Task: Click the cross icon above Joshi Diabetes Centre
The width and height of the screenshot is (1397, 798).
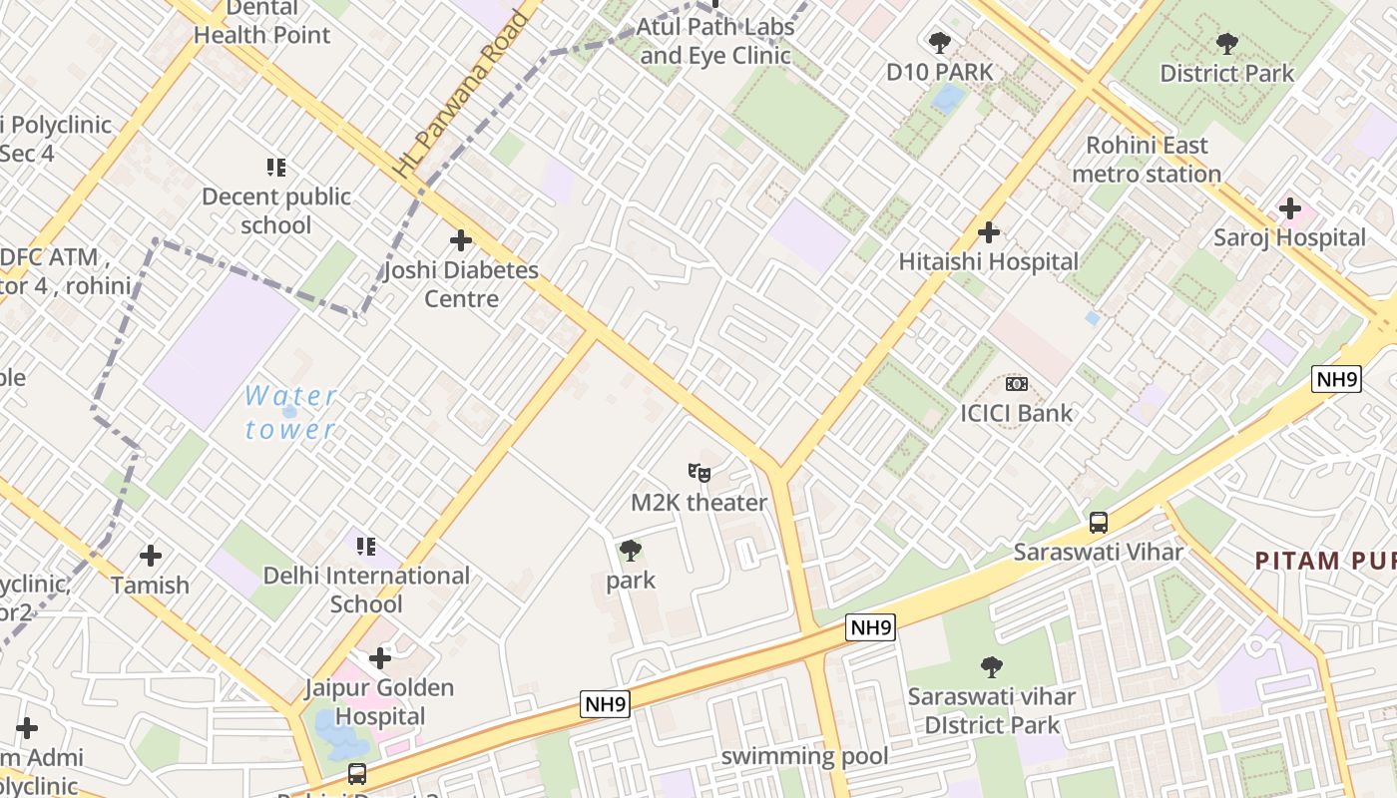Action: (x=460, y=240)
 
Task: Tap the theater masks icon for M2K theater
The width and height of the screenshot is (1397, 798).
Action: (x=698, y=472)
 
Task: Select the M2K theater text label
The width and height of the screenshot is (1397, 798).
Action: (x=698, y=503)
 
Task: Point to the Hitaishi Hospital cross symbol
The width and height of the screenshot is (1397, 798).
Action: (x=988, y=232)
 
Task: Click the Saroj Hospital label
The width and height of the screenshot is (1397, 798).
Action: (x=1289, y=237)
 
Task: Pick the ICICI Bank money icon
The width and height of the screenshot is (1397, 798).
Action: (x=1016, y=383)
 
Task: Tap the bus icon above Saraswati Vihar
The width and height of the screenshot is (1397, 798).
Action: (x=1098, y=522)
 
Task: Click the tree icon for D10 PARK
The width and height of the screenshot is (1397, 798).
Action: (x=939, y=42)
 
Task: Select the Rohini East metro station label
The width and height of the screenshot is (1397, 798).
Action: (x=1147, y=160)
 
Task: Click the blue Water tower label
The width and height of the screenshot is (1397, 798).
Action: (x=290, y=412)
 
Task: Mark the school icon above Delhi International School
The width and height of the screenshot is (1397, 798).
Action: (x=366, y=546)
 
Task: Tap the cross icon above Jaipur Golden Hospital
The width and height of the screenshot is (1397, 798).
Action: (x=379, y=658)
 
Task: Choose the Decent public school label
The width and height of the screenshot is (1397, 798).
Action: (x=276, y=210)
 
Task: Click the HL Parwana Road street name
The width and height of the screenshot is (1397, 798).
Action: (x=460, y=95)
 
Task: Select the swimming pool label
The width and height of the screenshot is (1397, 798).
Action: (x=804, y=756)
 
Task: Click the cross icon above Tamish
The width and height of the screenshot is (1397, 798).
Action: (x=151, y=555)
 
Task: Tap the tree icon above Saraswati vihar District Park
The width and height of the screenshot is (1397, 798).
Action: (x=991, y=666)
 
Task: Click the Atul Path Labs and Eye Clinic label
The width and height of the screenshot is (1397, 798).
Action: (x=715, y=41)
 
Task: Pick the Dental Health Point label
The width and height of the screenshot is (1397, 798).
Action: (x=261, y=21)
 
